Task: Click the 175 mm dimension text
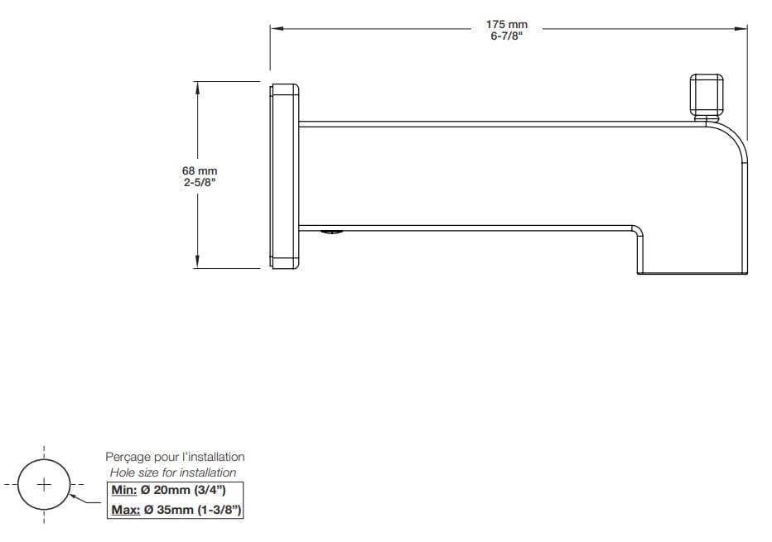pos(506,25)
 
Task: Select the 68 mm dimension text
pos(200,170)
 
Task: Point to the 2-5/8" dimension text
pos(200,182)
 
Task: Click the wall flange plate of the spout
pos(284,176)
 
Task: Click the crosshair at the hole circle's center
pos(44,483)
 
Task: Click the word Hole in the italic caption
pos(123,472)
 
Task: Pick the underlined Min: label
pos(126,491)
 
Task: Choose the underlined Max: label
pos(127,510)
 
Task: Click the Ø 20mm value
pos(171,491)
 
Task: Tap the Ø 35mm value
pos(171,510)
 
